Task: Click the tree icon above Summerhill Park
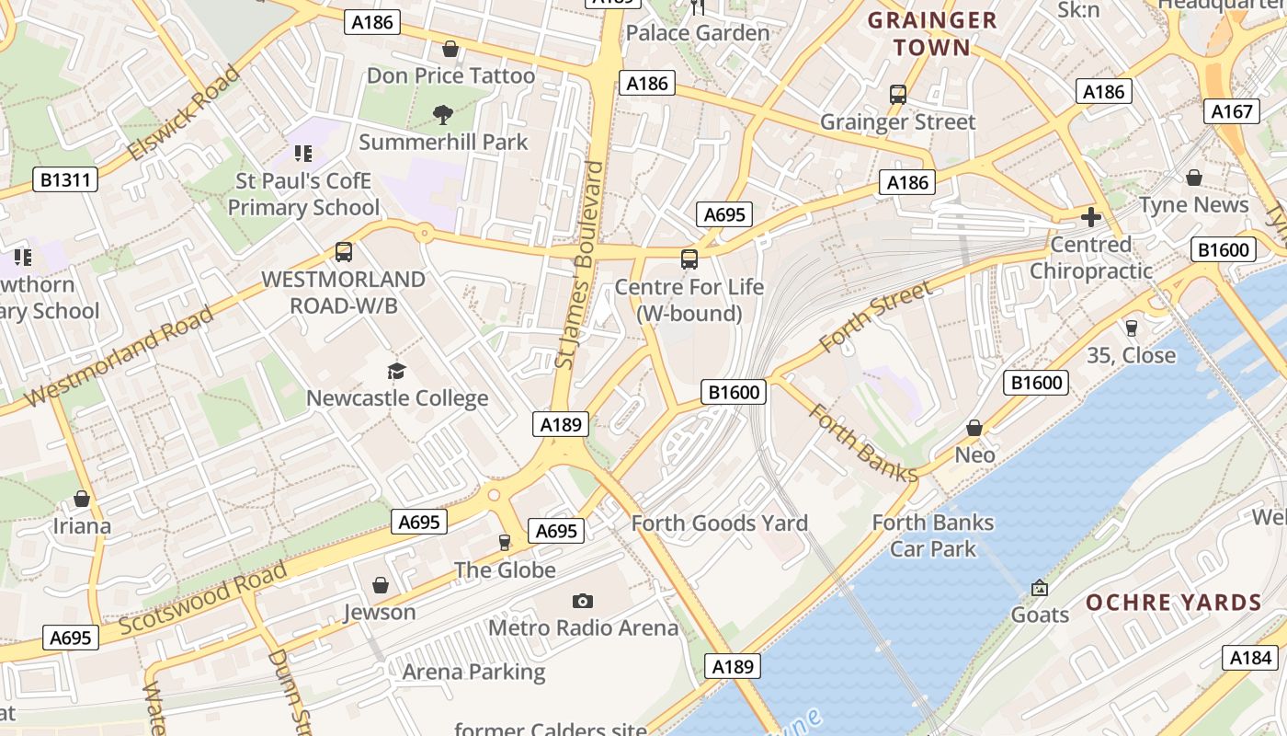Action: [443, 114]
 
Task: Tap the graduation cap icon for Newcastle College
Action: [396, 371]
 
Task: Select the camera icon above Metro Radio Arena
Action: [582, 601]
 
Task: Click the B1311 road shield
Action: [66, 178]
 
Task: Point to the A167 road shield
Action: [1232, 111]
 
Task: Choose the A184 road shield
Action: [1250, 657]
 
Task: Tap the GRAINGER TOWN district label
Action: [932, 34]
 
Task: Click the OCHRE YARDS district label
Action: [1174, 604]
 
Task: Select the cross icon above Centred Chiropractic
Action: [1091, 217]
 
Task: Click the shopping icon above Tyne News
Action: [1193, 178]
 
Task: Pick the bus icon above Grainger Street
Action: [898, 94]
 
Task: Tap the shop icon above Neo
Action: [974, 428]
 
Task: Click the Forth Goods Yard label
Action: [719, 523]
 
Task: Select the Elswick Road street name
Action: [184, 112]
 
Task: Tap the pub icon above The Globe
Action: [504, 543]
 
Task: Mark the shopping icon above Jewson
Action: [380, 585]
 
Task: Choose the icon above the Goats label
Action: [1040, 587]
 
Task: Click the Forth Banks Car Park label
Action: [932, 535]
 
